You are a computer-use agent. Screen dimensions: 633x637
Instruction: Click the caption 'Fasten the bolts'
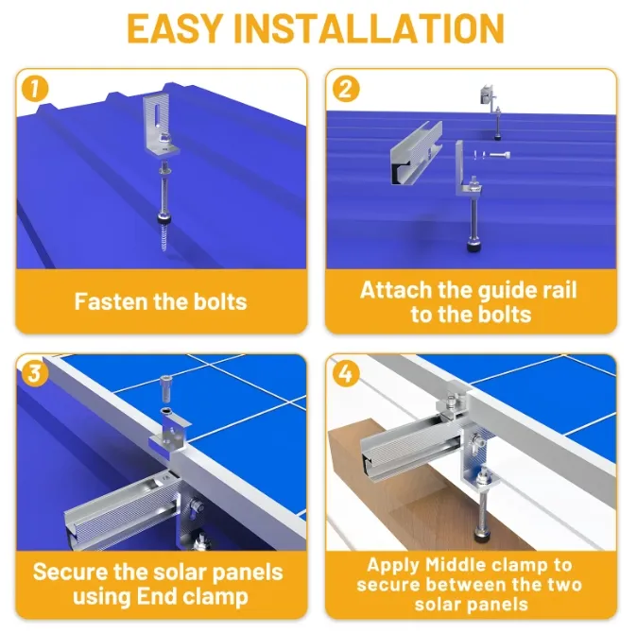pyautogui.click(x=161, y=301)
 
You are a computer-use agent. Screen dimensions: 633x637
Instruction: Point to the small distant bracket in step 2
pyautogui.click(x=489, y=94)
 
